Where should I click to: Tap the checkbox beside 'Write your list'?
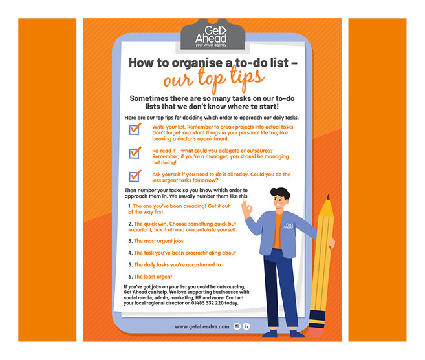pyautogui.click(x=135, y=129)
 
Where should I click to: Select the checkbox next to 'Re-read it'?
pyautogui.click(x=135, y=153)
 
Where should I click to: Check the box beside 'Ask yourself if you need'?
pyautogui.click(x=135, y=176)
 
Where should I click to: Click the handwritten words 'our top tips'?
pyautogui.click(x=213, y=79)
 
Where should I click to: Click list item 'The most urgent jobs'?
pyautogui.click(x=158, y=241)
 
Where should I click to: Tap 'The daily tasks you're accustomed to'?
pyautogui.click(x=177, y=264)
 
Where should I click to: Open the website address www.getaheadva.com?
pyautogui.click(x=202, y=326)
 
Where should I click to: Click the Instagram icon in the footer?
pyautogui.click(x=237, y=326)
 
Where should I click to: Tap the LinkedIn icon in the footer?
pyautogui.click(x=246, y=326)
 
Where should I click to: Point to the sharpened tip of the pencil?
pyautogui.click(x=329, y=197)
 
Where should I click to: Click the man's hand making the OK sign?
pyautogui.click(x=246, y=209)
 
